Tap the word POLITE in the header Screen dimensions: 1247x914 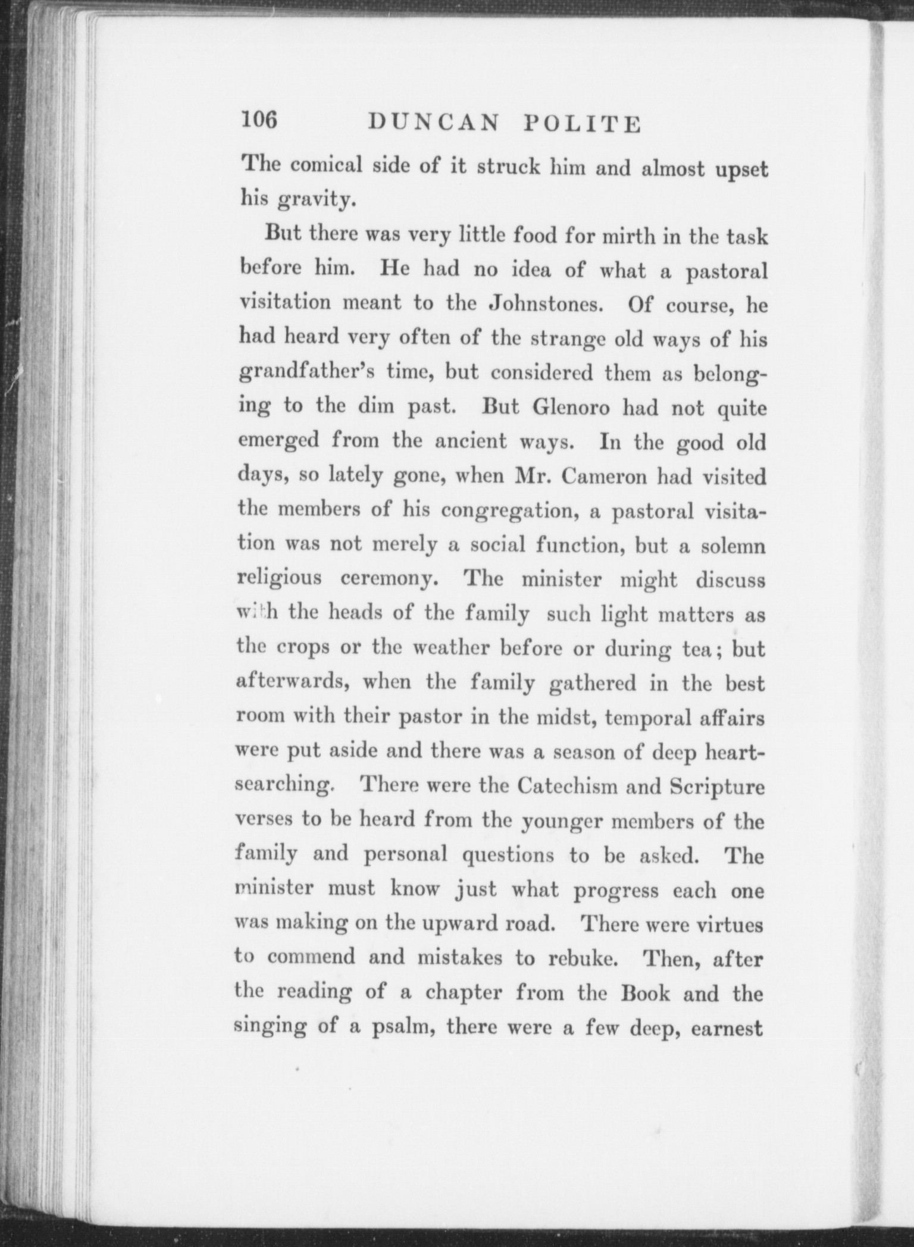pos(582,124)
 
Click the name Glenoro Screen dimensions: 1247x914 pos(572,408)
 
